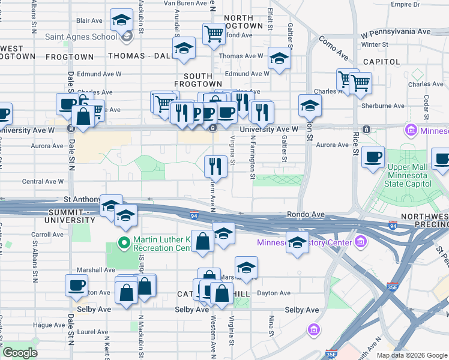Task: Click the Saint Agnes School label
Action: click(81, 37)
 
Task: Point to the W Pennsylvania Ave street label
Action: click(396, 31)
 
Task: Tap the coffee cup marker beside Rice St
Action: click(372, 157)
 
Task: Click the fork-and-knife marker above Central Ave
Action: click(215, 166)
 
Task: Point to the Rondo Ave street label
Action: click(306, 214)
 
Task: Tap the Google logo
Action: click(20, 352)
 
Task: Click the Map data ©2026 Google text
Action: click(411, 355)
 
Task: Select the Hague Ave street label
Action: click(49, 325)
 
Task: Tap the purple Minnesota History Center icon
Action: click(360, 242)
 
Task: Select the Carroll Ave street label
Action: click(47, 235)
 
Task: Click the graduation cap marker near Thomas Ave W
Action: click(279, 59)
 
